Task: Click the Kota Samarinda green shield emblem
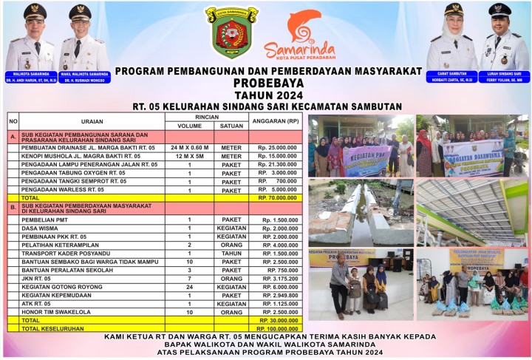tap(231, 32)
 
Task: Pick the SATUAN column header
tap(231, 126)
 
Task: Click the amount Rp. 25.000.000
tap(277, 148)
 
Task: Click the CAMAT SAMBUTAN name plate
tap(451, 74)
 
